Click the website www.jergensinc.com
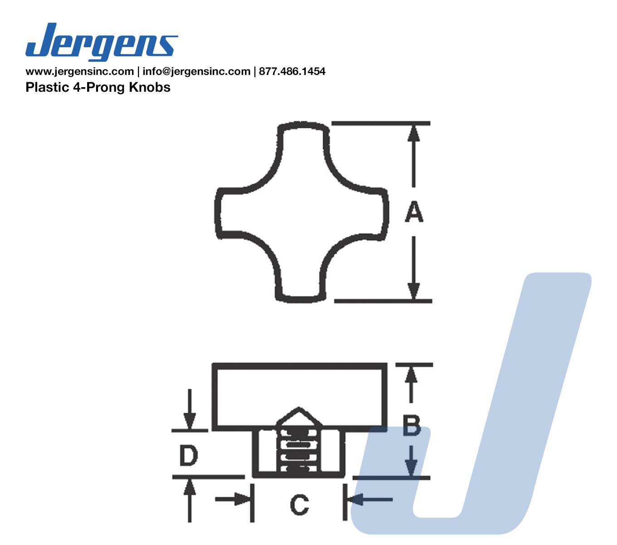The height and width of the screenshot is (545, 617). point(80,71)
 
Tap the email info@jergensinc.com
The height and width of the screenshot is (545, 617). point(196,71)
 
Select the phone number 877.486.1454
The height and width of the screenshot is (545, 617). point(292,71)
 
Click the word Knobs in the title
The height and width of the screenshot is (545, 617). point(150,87)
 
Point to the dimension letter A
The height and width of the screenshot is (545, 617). point(414,211)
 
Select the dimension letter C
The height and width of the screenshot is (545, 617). point(299,505)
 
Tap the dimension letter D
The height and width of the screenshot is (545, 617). point(189,456)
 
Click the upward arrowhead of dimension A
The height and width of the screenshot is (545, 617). point(413,133)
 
